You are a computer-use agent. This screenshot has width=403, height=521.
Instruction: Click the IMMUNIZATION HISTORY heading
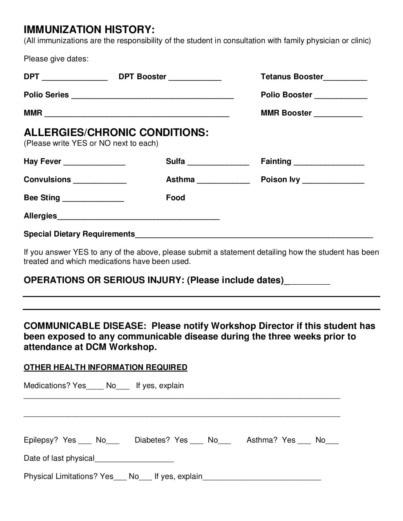pos(89,29)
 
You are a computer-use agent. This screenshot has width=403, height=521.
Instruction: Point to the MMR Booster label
pos(286,113)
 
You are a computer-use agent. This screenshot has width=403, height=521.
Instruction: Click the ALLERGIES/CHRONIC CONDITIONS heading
pos(116,132)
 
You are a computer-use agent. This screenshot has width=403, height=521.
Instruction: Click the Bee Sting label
pos(42,198)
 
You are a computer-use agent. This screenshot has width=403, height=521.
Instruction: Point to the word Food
pos(175,198)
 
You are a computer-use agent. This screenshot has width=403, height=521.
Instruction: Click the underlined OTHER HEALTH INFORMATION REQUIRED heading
pos(105,367)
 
